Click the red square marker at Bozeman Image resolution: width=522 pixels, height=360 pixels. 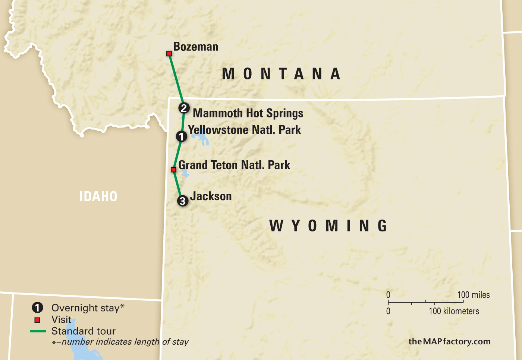point(169,54)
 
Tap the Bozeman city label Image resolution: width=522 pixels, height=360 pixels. point(196,47)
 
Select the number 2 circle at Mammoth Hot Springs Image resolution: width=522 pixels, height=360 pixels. point(183,108)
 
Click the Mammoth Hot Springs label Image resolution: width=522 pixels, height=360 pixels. point(248,113)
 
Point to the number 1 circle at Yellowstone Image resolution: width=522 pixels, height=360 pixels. point(181,137)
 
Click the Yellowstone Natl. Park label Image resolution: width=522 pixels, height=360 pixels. point(244,130)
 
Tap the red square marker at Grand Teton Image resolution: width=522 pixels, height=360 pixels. point(173,170)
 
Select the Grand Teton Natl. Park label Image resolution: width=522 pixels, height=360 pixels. point(234,165)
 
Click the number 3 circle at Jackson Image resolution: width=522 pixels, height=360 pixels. point(182,201)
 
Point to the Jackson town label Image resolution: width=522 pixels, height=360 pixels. point(211,196)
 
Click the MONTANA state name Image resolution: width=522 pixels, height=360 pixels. point(282,74)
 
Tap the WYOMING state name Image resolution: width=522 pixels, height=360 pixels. point(328,226)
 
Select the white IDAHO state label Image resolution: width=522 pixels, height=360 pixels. point(98,196)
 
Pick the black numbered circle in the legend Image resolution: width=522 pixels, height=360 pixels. point(37,308)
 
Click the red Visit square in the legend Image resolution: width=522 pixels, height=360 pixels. point(37,320)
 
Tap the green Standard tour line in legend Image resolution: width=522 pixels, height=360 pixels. point(38,331)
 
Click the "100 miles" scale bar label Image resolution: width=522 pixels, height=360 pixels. point(473,295)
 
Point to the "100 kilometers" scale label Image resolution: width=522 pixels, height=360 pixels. point(454,311)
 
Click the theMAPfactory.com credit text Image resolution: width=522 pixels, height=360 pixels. point(449,341)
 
